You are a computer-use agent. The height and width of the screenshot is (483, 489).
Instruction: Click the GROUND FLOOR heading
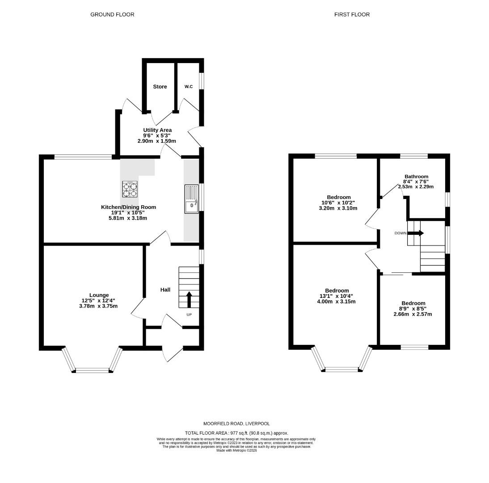tap(112, 15)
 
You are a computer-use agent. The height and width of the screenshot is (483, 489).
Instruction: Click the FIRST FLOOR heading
tap(352, 15)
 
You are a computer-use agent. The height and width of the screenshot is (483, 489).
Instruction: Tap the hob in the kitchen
tap(130, 189)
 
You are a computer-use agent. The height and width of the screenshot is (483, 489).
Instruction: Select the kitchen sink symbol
tap(191, 199)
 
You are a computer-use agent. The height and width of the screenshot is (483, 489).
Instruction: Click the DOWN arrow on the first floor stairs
tap(416, 233)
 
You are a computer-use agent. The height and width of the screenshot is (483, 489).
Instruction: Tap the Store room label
tap(160, 87)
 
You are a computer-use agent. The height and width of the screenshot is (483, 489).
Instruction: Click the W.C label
tap(188, 87)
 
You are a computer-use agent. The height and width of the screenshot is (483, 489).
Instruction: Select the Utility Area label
tap(157, 130)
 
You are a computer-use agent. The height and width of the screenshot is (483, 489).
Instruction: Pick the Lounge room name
tap(99, 295)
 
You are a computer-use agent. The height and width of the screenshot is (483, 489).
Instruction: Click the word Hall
tap(165, 290)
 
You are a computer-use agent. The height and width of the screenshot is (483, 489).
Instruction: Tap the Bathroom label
tap(416, 177)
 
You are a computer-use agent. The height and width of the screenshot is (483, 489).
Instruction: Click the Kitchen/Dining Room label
tap(128, 207)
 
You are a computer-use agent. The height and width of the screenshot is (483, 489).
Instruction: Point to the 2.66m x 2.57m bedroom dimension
tap(413, 314)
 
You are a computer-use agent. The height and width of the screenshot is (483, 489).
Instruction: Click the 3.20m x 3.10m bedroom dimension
tap(338, 208)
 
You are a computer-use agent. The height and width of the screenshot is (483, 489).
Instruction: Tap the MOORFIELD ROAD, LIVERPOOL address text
tap(236, 424)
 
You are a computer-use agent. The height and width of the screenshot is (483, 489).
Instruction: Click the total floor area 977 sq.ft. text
tap(237, 433)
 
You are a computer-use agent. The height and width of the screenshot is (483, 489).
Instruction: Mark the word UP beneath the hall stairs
tap(189, 315)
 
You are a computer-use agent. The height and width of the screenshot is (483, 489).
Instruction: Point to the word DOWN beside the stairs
tap(400, 233)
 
